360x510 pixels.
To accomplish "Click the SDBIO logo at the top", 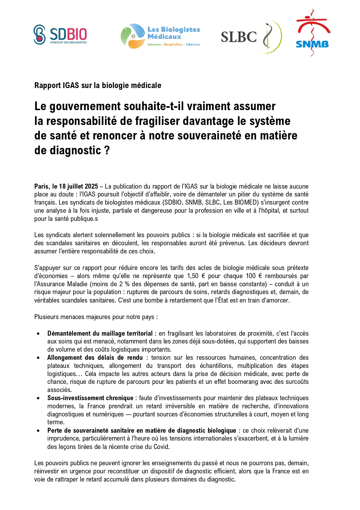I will pos(60,35).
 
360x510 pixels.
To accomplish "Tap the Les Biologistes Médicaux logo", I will pos(161,36).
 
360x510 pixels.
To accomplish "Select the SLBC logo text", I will pos(239,37).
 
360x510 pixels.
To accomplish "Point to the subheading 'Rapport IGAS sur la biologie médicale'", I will pos(98,85).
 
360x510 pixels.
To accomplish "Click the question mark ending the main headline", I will pos(107,151).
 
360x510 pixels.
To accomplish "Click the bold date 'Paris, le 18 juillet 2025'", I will pos(66,186).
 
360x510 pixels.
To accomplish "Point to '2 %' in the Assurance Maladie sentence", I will pos(124,284).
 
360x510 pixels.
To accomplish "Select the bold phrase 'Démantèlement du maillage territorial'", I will pos(100,333).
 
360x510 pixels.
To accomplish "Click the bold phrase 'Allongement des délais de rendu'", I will pos(95,357).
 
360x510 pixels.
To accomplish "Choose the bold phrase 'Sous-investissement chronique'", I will pos(90,398).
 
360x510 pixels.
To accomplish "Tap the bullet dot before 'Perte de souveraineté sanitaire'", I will pos(38,431).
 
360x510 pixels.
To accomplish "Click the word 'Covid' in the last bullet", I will pos(161,447).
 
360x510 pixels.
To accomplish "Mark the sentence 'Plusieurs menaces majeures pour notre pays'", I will pos(96,317).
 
